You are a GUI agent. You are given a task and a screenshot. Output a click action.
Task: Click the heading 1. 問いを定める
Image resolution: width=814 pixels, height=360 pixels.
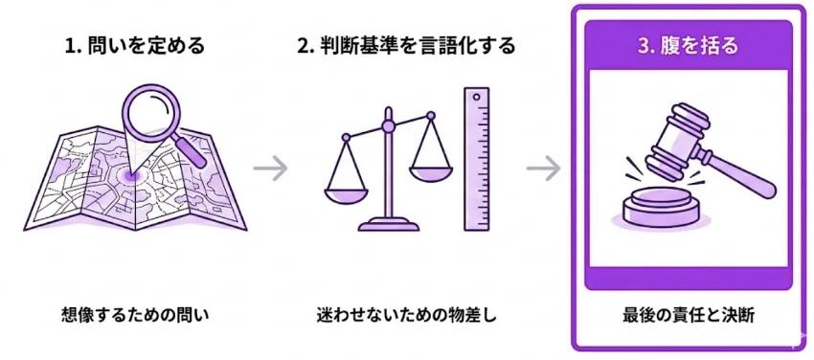tap(135, 46)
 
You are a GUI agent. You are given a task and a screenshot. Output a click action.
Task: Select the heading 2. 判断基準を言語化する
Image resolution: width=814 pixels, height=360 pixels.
tap(405, 46)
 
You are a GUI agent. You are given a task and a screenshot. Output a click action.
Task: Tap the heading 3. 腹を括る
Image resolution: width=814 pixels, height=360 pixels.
tap(689, 45)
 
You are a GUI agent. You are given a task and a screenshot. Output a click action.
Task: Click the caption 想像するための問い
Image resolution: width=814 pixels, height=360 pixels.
tap(134, 314)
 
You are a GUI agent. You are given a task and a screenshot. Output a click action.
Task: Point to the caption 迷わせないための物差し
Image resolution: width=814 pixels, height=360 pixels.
tap(406, 314)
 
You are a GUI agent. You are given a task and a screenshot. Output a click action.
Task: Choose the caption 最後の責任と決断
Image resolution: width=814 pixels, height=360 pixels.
tap(689, 314)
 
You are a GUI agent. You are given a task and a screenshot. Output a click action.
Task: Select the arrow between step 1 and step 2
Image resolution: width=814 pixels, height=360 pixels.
tap(271, 169)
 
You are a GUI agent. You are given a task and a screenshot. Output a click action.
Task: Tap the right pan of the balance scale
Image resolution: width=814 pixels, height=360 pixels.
tap(431, 173)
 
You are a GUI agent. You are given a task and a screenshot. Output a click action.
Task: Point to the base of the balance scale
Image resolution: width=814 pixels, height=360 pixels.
tap(388, 225)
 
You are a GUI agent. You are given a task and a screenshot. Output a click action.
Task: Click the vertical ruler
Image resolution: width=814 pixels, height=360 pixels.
tap(476, 159)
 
